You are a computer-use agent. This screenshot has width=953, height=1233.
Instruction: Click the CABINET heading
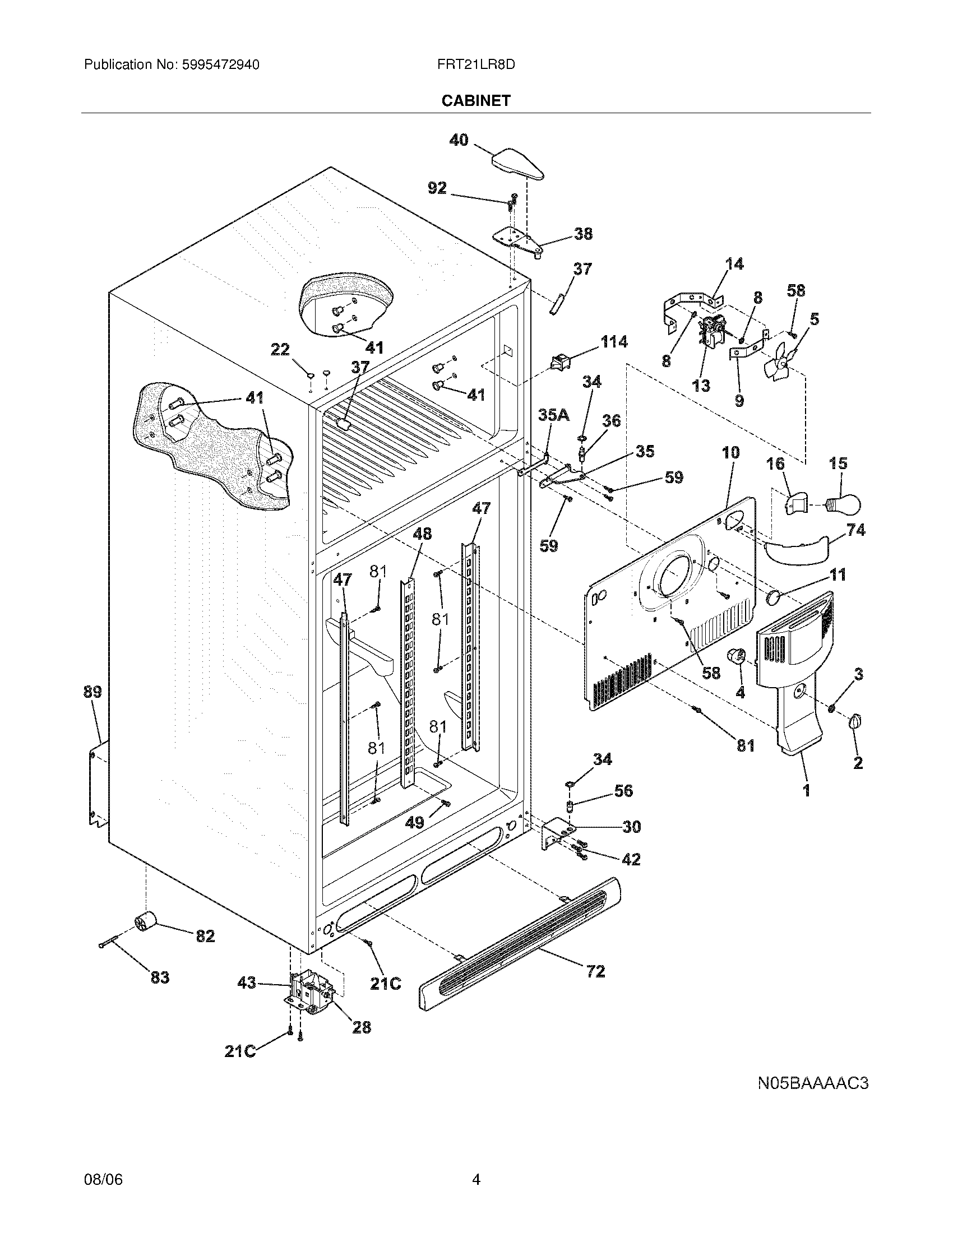tap(475, 100)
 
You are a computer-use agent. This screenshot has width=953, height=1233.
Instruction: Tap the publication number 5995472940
tap(220, 64)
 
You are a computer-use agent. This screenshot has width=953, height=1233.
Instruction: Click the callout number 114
tap(614, 341)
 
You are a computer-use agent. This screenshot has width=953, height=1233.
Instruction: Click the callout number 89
tap(92, 692)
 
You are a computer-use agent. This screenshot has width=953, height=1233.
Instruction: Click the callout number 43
tap(247, 983)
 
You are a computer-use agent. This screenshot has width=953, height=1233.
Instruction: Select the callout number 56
tap(623, 791)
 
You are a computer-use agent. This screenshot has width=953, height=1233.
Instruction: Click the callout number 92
tap(437, 188)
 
